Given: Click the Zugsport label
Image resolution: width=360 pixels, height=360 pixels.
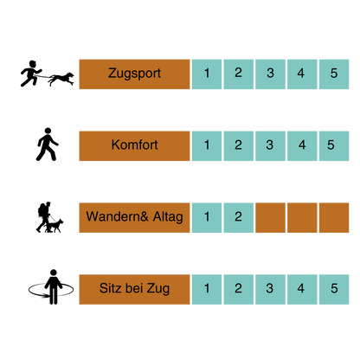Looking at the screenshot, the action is (134, 74).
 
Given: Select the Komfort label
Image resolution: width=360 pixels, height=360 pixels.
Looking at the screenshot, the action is (134, 145).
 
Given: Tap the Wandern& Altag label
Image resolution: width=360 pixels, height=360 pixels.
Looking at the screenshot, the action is (134, 217).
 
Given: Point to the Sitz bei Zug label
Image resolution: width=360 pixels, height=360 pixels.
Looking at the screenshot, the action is (134, 289).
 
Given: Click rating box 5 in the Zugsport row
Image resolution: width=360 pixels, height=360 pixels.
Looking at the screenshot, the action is (334, 74).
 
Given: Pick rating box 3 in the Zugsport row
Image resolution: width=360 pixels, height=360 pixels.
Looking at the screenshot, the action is (270, 74).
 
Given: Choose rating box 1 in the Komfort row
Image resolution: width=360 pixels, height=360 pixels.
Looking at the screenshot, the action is (207, 145).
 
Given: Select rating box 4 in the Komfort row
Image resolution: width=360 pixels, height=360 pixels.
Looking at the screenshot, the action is (302, 145).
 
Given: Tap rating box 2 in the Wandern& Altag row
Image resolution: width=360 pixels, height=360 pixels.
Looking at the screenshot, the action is (239, 217).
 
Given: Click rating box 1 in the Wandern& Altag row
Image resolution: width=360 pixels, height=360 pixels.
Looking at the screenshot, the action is (207, 217).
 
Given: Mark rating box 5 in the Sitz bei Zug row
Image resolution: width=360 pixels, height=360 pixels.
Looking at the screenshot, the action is (334, 289).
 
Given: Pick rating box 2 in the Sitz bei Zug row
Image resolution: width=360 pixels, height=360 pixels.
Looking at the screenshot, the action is (239, 289).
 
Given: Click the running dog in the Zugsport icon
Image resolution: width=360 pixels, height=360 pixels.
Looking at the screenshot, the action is (61, 79).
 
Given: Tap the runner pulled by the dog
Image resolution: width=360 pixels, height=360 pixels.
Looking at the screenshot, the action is (31, 74).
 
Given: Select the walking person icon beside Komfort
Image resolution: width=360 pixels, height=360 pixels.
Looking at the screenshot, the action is (47, 145).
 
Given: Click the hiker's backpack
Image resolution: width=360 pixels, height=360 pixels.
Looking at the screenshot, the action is (42, 210).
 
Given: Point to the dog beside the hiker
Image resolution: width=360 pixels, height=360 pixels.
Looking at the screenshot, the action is (55, 226).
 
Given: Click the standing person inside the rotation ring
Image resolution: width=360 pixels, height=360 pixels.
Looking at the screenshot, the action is (53, 286).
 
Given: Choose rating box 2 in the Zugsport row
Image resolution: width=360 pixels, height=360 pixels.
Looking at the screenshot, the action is (239, 74).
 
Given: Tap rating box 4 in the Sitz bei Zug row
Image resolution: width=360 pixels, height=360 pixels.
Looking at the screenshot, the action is (302, 289).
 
